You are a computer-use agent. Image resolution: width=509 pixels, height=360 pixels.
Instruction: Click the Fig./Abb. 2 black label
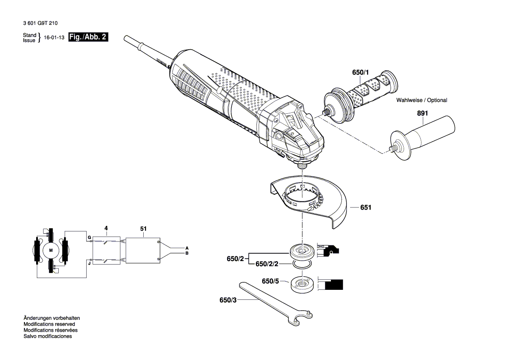tap(88, 37)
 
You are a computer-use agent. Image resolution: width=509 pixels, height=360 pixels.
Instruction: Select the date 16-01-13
tap(54, 38)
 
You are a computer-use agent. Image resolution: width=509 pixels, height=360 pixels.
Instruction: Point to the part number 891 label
tap(423, 113)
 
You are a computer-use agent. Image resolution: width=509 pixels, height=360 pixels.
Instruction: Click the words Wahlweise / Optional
tap(421, 100)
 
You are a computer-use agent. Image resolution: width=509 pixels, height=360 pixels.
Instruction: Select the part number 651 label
tap(366, 208)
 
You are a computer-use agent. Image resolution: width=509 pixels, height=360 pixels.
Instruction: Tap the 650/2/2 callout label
tap(266, 264)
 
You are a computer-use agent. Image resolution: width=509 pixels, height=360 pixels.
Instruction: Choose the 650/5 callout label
tap(270, 282)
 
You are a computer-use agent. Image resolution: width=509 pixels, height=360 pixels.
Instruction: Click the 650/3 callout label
tap(229, 300)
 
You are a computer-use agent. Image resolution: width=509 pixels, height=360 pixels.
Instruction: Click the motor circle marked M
tap(51, 250)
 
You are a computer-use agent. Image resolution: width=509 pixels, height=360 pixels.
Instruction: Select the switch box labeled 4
tap(106, 250)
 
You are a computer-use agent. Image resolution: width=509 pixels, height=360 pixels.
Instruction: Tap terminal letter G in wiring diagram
tap(89, 238)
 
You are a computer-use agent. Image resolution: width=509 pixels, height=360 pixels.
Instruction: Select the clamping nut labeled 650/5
tap(301, 285)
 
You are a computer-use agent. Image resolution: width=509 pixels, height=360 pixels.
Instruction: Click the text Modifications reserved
tap(49, 324)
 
